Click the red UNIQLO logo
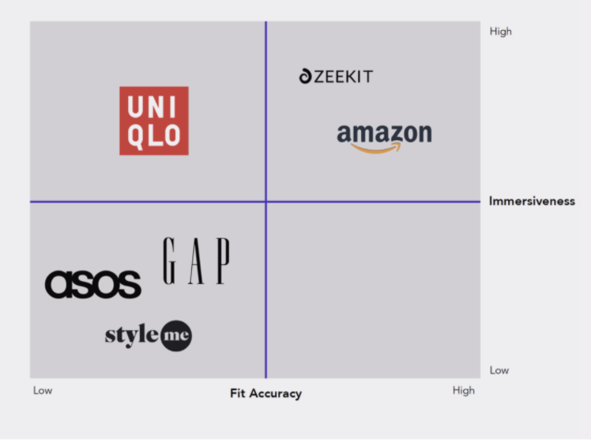[x=154, y=120]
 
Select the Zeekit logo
[x=336, y=77]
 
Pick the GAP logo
[x=197, y=261]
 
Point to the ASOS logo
[x=93, y=284]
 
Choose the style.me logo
[x=148, y=336]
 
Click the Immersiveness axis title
[x=532, y=201]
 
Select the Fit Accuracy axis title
[x=265, y=393]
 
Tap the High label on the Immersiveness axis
[x=501, y=32]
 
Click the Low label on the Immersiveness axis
[x=499, y=370]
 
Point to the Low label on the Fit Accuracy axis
[x=42, y=390]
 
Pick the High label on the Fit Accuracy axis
[x=464, y=390]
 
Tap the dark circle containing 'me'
[x=175, y=336]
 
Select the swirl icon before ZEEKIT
[x=306, y=77]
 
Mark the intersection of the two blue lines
[x=265, y=201]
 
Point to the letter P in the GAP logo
[x=223, y=261]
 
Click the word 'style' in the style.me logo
[x=132, y=335]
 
